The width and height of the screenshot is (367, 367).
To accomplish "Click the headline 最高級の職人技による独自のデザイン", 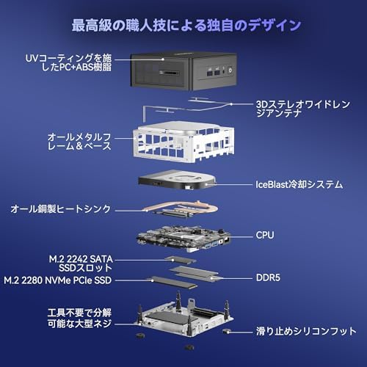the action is tap(186, 26).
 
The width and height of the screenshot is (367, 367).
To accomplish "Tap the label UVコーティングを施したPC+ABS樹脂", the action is tap(68, 62).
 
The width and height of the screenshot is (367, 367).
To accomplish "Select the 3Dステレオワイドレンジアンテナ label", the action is tap(303, 109).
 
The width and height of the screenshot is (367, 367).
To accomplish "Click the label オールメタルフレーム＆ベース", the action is tap(79, 142).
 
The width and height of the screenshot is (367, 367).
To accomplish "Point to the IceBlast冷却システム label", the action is tap(299, 184).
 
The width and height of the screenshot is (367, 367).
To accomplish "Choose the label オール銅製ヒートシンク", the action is tap(61, 209).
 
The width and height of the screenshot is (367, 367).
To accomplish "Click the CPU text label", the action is tap(265, 236).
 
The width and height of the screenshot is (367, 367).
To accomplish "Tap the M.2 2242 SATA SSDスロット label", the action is tap(81, 264).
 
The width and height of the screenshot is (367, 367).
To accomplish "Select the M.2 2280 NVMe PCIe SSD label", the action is tap(58, 280).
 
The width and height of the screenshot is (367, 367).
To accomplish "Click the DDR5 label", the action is tap(268, 278).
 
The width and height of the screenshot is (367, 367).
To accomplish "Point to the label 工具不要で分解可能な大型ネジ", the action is tap(79, 318).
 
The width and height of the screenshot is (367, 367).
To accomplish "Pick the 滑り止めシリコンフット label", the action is tap(306, 331).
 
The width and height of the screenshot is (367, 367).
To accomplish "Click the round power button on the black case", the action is tap(230, 70).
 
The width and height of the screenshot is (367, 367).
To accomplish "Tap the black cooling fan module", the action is tap(177, 181).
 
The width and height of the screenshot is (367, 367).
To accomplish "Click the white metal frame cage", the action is tap(183, 142).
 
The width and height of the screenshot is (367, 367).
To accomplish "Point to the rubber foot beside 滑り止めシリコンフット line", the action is tap(226, 331).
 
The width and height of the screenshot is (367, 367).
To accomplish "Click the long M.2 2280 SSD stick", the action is tap(174, 282).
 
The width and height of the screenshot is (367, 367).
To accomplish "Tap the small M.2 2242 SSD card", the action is tap(181, 260).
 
